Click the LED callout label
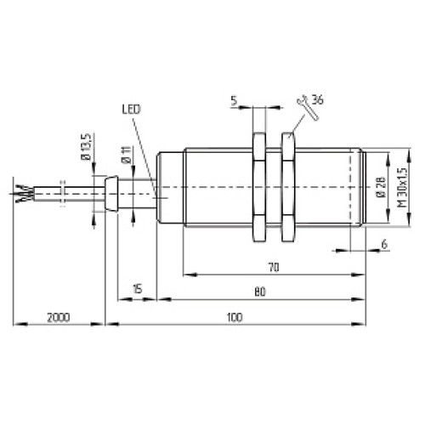131,110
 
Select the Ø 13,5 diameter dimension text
87,147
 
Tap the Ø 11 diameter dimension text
127,156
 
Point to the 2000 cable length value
59,318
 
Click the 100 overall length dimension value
235,317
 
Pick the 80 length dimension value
260,292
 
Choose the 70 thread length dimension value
274,268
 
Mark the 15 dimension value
137,289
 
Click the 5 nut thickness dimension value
234,100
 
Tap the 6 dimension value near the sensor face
384,244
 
